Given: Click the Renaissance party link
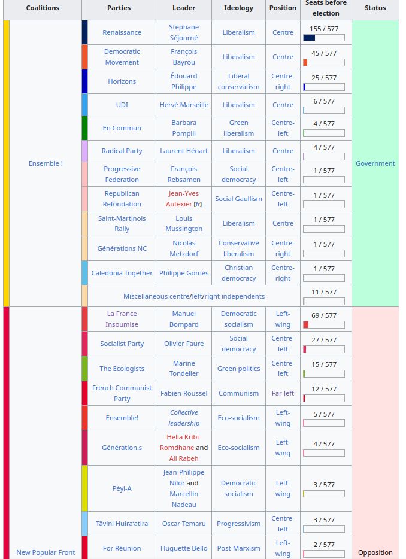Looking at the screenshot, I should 122,32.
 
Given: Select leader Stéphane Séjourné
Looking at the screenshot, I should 184,32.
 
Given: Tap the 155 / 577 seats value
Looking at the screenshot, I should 323,29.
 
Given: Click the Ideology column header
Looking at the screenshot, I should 238,8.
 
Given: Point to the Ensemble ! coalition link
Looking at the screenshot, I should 46,163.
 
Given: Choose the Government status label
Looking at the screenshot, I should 375,163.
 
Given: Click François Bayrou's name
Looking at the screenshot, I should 184,57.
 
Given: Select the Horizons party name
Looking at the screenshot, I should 122,81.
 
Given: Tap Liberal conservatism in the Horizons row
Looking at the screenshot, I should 238,81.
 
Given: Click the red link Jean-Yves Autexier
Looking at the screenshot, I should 183,199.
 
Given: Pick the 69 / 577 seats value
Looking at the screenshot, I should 323,315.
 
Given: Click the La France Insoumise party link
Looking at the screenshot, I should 122,319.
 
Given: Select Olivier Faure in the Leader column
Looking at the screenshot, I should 184,344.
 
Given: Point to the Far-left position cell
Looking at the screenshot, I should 283,393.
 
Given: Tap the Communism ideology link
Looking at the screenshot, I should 238,393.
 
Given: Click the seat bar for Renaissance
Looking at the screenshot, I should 323,38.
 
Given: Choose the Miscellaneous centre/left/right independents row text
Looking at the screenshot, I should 194,296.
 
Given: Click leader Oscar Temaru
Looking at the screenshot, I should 184,524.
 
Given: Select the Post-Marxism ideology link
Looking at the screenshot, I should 238,548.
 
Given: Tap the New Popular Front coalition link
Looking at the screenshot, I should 46,552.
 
